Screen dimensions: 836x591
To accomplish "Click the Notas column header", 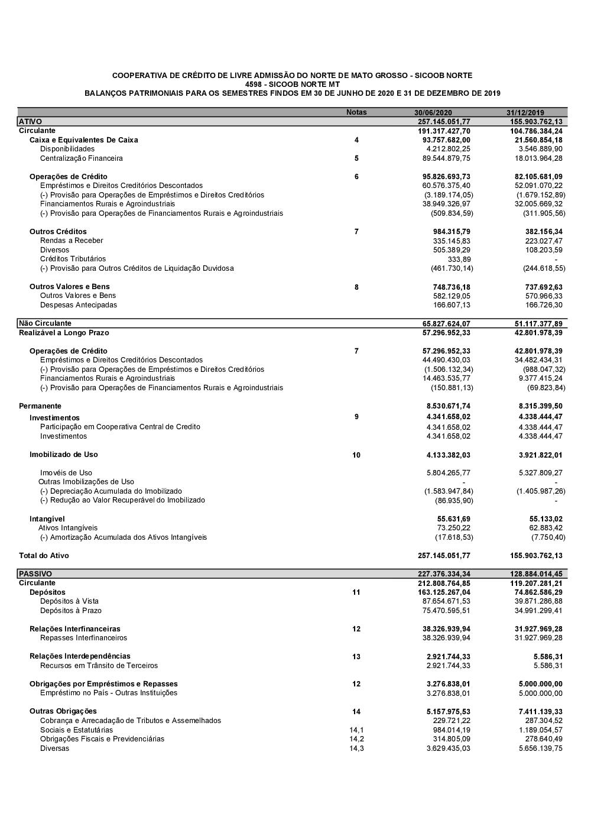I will click(356, 112).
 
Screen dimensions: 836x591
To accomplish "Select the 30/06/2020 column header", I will click(433, 113).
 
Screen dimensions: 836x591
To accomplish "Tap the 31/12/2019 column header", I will click(525, 113).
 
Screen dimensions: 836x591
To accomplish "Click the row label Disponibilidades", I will click(67, 149).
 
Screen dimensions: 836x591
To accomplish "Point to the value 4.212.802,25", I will click(448, 149).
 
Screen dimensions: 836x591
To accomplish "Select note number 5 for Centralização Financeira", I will click(356, 158).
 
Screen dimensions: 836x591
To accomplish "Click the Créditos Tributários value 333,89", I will click(459, 260).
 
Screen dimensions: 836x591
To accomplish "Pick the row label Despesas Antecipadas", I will click(79, 305).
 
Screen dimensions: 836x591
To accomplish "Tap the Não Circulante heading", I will click(45, 323).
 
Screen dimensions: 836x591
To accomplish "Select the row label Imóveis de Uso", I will click(66, 473).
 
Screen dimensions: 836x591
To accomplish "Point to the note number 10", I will click(356, 455).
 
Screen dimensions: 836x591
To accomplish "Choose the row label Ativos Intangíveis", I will click(68, 528).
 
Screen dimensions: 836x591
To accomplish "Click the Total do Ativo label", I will click(44, 556).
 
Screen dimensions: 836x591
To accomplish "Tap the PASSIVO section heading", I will click(35, 574).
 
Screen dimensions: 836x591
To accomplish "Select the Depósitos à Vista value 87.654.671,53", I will click(446, 601).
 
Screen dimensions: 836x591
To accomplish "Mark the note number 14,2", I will click(356, 739).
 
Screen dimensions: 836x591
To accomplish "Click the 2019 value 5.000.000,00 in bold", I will click(540, 684).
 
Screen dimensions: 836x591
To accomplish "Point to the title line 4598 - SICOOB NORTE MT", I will click(292, 85).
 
